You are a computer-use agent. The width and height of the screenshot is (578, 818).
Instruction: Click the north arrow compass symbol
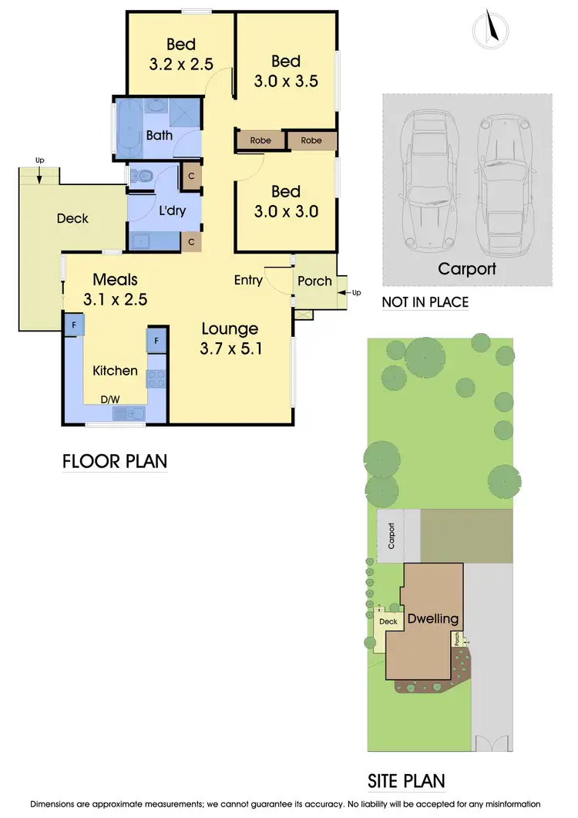[489, 29]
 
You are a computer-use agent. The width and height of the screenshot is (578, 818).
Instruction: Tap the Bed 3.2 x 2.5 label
[181, 54]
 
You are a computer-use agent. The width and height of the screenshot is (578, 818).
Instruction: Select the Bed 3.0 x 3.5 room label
[286, 70]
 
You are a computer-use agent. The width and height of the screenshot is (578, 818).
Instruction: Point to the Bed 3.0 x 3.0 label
[286, 201]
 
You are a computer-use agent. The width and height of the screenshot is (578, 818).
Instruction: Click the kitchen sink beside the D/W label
[129, 414]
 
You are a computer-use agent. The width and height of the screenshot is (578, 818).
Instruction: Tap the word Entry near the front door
[248, 280]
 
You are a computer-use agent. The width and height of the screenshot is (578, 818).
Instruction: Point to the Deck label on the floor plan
[72, 218]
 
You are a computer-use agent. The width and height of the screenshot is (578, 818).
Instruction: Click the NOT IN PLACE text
[425, 302]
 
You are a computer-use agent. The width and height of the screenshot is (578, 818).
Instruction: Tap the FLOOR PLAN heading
[114, 461]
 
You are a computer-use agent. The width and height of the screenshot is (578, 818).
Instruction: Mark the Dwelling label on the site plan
[432, 618]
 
